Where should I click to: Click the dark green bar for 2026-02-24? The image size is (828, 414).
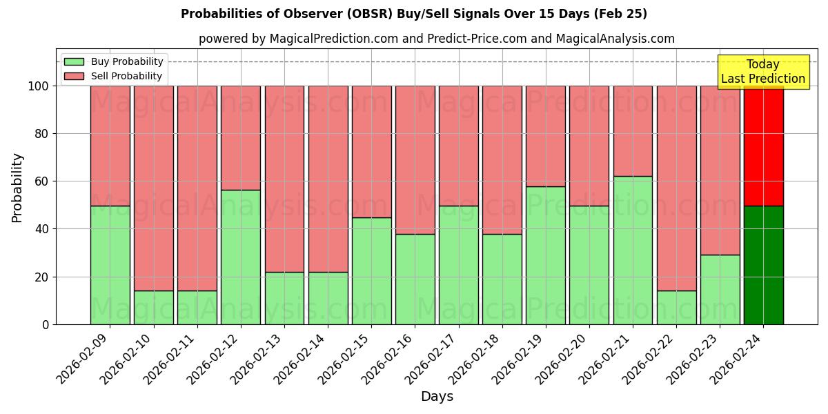(763, 265)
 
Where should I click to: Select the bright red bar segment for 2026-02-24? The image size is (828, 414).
(763, 146)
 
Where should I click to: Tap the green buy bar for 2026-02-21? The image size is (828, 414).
(633, 250)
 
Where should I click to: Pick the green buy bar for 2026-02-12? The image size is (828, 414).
(241, 257)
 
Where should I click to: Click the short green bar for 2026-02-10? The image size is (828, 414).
(153, 307)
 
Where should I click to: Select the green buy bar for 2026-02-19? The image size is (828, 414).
(546, 255)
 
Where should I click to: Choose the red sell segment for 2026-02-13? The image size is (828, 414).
(284, 179)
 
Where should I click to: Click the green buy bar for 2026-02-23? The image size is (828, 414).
(720, 289)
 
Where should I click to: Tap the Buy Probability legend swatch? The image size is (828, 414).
(74, 62)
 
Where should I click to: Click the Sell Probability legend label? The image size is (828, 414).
(126, 77)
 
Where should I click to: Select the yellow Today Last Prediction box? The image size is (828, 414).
(763, 72)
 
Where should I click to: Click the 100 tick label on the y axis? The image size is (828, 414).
(38, 86)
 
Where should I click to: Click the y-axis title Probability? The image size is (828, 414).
(17, 188)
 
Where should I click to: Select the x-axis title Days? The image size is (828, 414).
(437, 397)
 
